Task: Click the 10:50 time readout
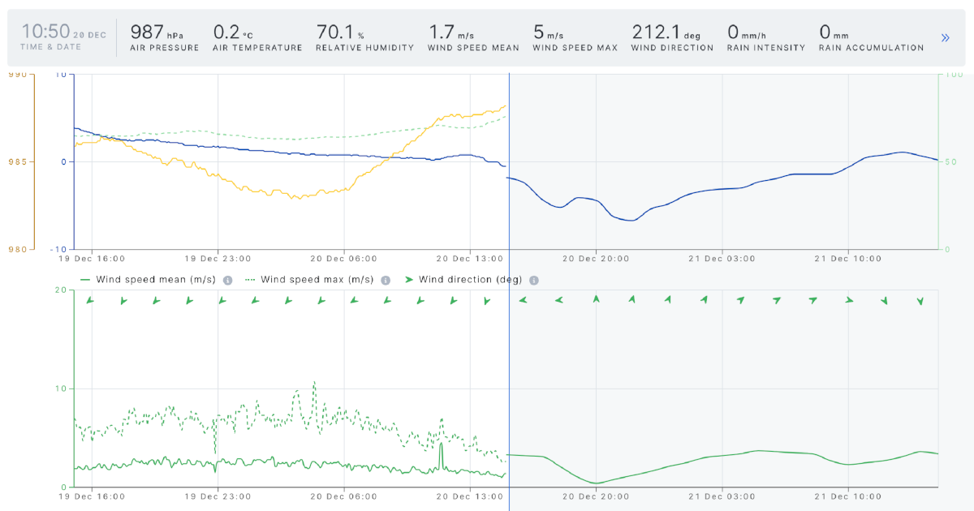click(45, 32)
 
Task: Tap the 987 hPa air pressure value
click(148, 32)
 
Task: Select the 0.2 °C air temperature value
click(226, 32)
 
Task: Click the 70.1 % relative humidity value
click(334, 32)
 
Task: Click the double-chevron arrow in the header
click(945, 37)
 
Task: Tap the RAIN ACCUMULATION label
click(871, 48)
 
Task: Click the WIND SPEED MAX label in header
click(575, 48)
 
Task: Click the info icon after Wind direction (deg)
click(534, 280)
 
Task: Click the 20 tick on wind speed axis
click(58, 290)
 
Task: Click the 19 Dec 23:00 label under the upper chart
click(217, 259)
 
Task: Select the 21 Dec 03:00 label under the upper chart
click(722, 259)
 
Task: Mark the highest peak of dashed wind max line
click(314, 381)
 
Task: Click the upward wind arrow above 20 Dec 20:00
click(596, 299)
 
